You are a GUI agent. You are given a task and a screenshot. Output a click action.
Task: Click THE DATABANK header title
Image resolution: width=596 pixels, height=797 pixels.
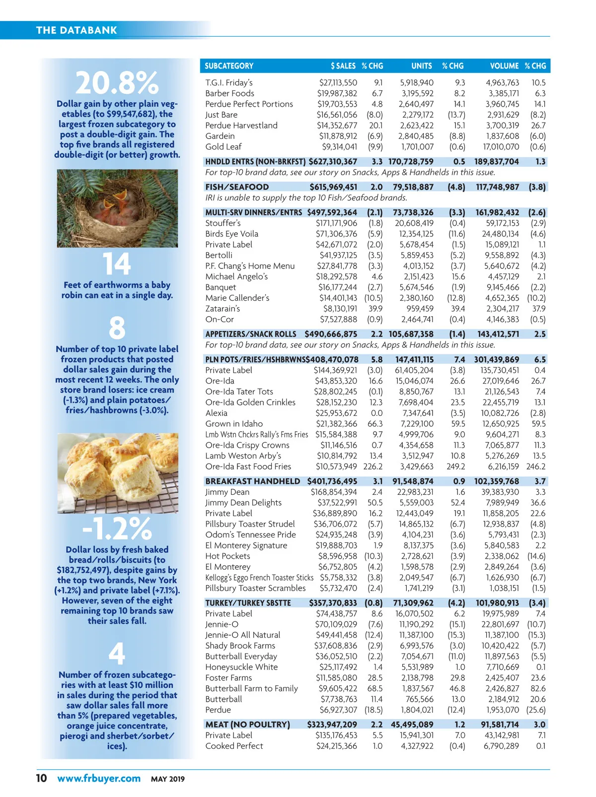tap(76, 30)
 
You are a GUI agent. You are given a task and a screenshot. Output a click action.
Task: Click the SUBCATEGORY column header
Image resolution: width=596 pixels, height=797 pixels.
tap(229, 66)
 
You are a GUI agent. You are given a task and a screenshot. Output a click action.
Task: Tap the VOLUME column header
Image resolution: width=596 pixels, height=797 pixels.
tap(504, 66)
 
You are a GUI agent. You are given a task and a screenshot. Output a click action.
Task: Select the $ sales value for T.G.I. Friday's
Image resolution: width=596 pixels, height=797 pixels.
tap(338, 83)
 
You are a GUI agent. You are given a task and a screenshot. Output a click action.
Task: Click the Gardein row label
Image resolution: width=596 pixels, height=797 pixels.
tap(220, 136)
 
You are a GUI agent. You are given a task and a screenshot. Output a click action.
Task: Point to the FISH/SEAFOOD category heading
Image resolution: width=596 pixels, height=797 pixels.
tap(237, 187)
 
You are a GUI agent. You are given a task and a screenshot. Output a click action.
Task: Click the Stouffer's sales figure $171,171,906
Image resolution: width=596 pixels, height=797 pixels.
tap(336, 223)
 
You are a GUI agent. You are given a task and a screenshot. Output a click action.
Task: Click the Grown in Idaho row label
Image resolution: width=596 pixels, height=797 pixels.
tap(234, 424)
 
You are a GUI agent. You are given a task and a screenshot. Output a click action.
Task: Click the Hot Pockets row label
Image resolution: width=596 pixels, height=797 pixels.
tap(227, 556)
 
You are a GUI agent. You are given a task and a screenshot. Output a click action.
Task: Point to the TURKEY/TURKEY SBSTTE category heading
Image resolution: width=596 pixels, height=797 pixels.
tap(248, 603)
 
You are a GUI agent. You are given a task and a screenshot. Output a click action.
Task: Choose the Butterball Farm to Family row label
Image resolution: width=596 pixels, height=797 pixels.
tap(251, 688)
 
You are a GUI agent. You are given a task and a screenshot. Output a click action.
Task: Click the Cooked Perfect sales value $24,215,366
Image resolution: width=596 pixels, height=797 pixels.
tap(336, 746)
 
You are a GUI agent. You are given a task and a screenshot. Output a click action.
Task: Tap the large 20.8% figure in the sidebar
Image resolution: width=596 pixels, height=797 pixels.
tap(117, 83)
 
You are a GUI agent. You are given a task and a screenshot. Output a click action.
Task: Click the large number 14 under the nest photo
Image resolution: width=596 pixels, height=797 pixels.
tap(117, 264)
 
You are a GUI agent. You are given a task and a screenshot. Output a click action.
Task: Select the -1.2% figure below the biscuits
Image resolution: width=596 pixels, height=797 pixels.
tap(117, 529)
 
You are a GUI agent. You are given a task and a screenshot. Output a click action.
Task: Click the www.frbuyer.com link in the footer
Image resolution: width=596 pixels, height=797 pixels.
tap(99, 778)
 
